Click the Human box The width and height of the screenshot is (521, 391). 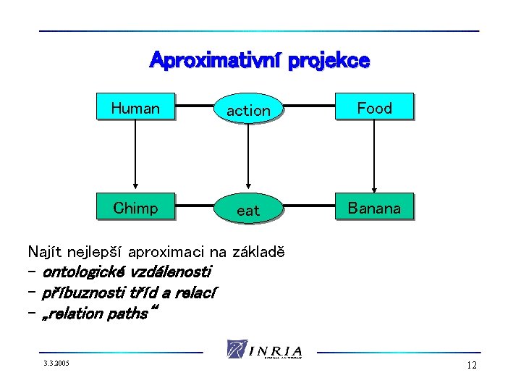pos(135,109)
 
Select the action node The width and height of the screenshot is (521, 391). pos(248,110)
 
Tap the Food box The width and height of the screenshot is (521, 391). pos(374,108)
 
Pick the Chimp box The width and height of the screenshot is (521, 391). pos(135,209)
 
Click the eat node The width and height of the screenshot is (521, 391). pos(248,210)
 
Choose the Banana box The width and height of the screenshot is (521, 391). pos(374,209)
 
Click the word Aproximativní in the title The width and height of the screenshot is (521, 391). pos(215,60)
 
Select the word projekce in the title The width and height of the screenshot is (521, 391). pos(329,61)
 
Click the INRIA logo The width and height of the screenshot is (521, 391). pos(265,349)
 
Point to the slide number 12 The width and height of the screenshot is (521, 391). pos(472,366)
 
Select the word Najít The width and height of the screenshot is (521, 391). pos(45,252)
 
